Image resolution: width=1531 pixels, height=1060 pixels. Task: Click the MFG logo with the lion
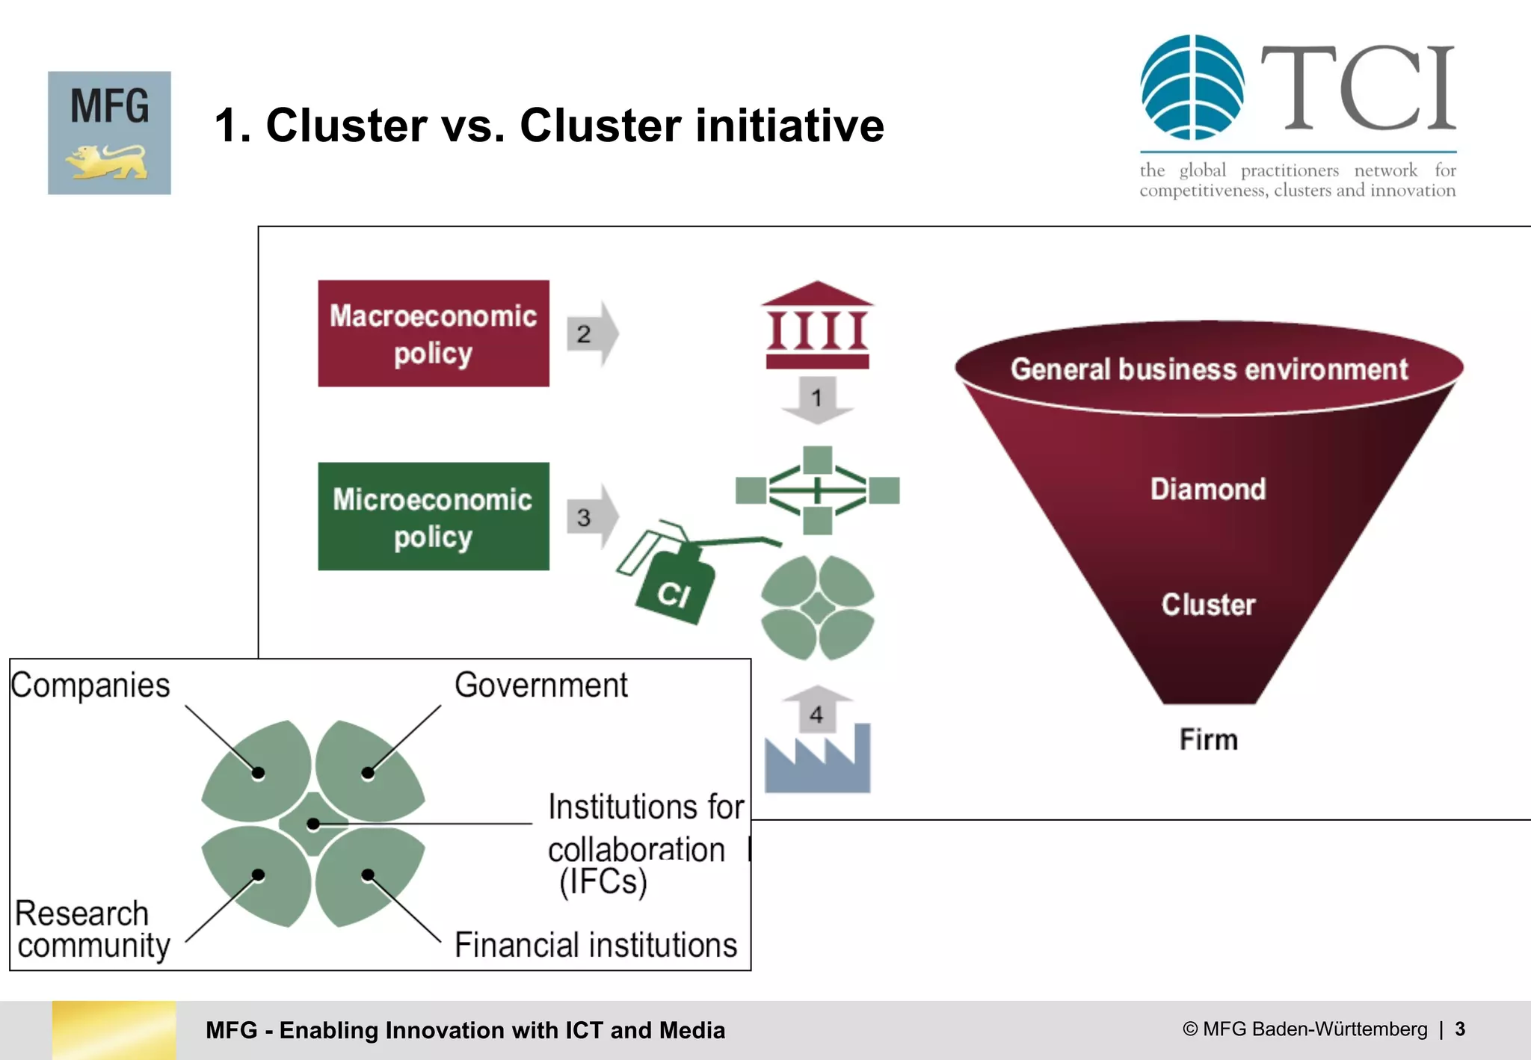click(109, 133)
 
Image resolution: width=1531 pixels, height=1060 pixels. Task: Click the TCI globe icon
click(1192, 87)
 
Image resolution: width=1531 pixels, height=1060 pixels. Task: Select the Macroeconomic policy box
click(434, 333)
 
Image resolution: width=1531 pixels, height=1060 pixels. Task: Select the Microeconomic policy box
click(434, 517)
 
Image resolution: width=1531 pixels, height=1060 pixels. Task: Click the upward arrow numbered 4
click(817, 710)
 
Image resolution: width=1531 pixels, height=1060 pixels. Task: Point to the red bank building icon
click(817, 326)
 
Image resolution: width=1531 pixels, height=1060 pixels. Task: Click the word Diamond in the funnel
click(1208, 490)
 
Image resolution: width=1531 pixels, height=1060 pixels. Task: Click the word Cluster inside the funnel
click(1208, 605)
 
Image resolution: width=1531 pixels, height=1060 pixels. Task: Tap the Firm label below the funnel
click(1208, 740)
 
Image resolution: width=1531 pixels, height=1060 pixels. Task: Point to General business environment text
click(1209, 369)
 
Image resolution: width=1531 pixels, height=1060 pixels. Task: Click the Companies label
click(90, 685)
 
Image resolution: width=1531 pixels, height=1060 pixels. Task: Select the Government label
click(541, 685)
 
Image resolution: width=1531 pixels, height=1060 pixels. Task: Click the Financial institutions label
click(596, 946)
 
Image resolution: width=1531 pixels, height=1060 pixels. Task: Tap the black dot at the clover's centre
click(313, 824)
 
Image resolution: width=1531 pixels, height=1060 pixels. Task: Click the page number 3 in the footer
click(1460, 1029)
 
